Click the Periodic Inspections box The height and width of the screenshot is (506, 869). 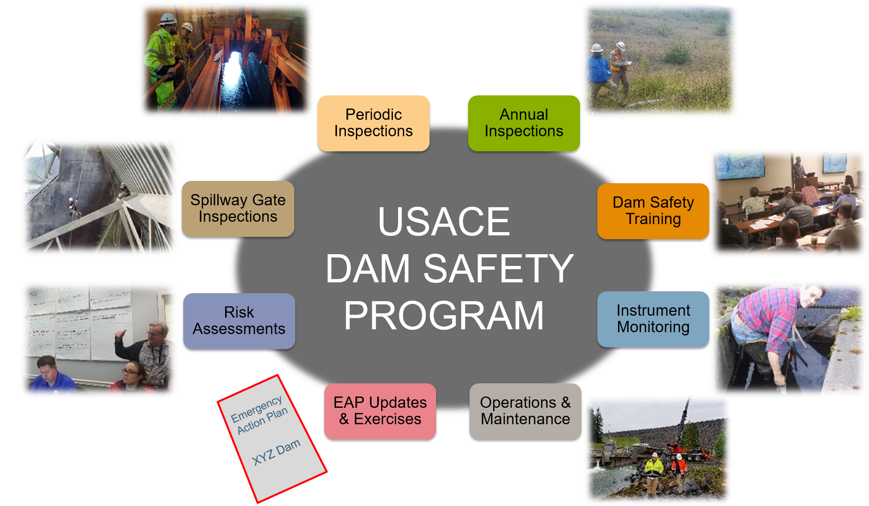pos(374,123)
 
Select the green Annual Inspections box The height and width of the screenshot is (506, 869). pos(524,123)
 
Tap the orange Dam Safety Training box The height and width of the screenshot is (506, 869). pos(653,211)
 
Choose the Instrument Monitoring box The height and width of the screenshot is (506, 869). pos(653,319)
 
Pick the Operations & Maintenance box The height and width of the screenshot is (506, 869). pos(525,412)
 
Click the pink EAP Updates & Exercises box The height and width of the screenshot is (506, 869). pos(380,412)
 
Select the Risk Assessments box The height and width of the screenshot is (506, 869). pos(239,321)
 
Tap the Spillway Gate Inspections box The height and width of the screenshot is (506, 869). pos(238,209)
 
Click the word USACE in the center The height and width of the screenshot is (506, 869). pos(444,222)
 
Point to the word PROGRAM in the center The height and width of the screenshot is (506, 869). pos(444,316)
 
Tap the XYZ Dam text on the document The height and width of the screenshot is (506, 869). pos(276,452)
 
